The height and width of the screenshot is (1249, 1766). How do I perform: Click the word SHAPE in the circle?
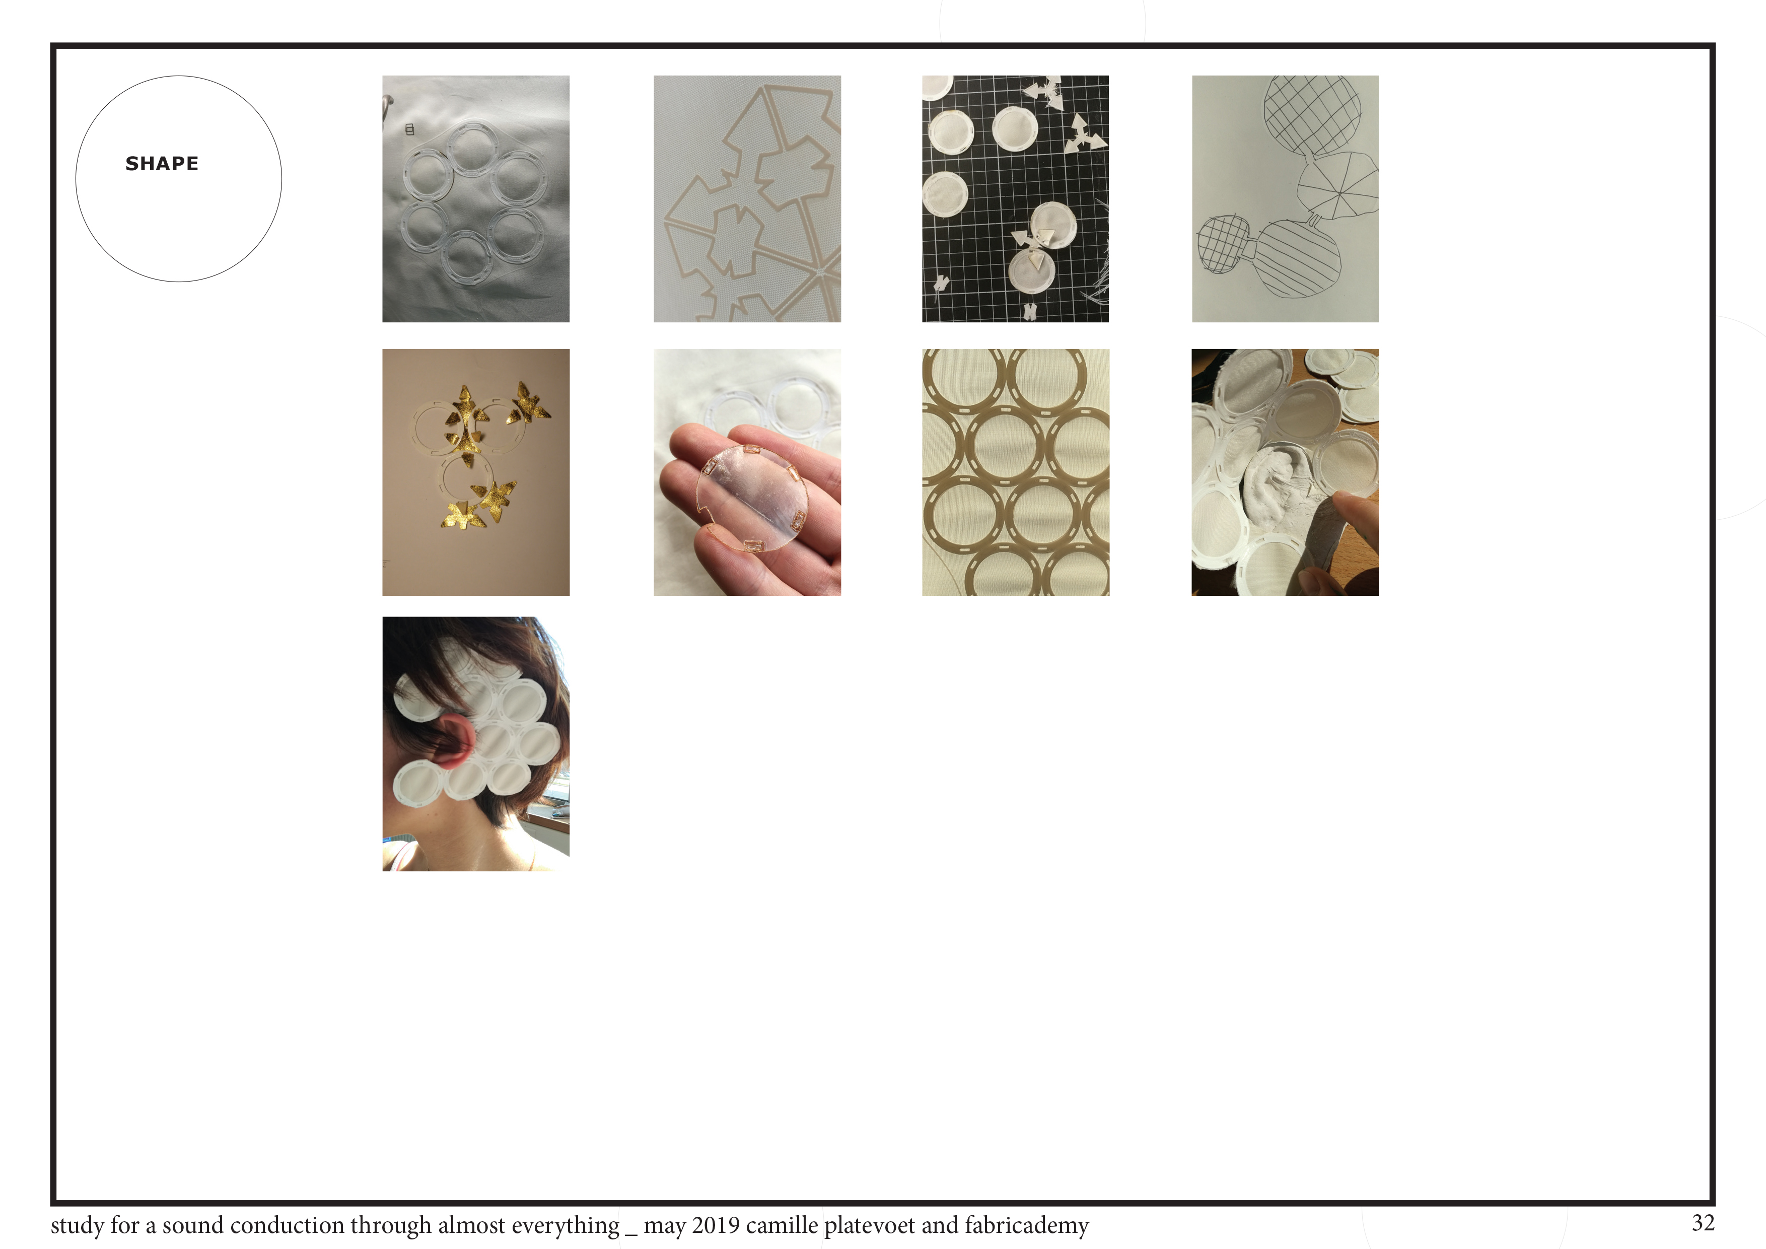pos(162,164)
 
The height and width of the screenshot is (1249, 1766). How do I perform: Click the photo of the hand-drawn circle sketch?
pos(1285,198)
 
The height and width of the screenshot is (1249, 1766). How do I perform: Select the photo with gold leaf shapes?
pos(476,472)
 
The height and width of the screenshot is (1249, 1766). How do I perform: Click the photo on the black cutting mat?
pos(1015,198)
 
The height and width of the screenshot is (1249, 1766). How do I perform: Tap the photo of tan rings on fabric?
pos(1015,472)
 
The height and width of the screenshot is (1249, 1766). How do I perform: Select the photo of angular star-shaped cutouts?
pos(747,198)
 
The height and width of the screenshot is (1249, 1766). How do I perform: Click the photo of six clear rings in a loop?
pos(476,198)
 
